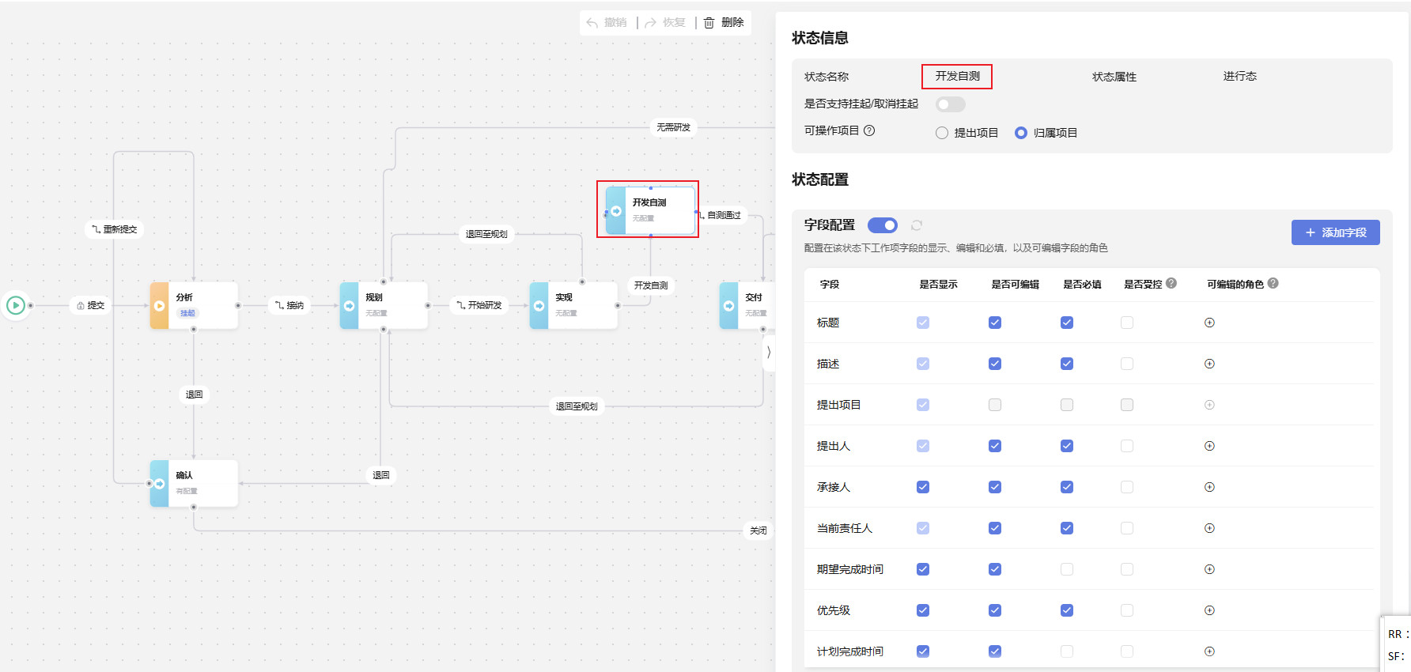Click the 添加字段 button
pyautogui.click(x=1335, y=232)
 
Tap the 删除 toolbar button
pyautogui.click(x=724, y=23)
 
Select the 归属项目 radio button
pyautogui.click(x=1021, y=133)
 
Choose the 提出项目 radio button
pyautogui.click(x=942, y=133)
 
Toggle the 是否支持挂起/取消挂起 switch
pyautogui.click(x=950, y=104)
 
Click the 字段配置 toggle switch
pyautogui.click(x=882, y=225)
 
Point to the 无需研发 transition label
pyautogui.click(x=673, y=127)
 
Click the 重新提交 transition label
pyautogui.click(x=115, y=229)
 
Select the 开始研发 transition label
pyautogui.click(x=480, y=305)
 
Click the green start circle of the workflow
pyautogui.click(x=16, y=305)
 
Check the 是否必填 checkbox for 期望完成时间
pyautogui.click(x=1067, y=569)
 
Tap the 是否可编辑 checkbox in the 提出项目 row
pyautogui.click(x=995, y=405)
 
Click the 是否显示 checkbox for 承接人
pyautogui.click(x=923, y=487)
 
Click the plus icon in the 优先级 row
pyautogui.click(x=1209, y=610)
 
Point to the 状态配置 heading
pyautogui.click(x=820, y=179)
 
